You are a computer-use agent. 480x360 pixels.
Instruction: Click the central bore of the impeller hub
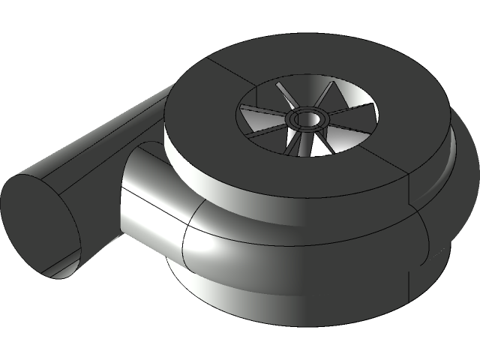click(307, 118)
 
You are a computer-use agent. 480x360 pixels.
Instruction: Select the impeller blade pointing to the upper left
click(283, 97)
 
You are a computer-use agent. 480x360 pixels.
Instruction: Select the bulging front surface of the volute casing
click(300, 240)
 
